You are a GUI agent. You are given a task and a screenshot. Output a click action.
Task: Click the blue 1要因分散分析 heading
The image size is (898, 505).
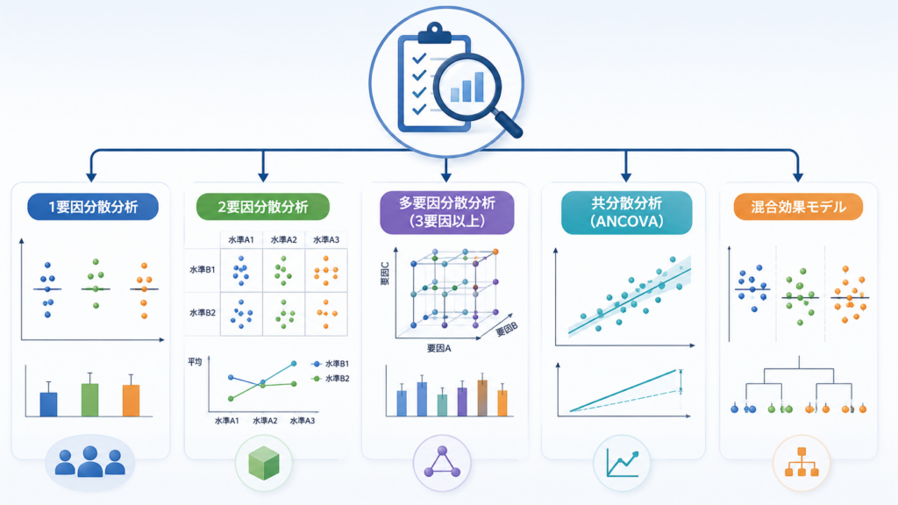point(93,207)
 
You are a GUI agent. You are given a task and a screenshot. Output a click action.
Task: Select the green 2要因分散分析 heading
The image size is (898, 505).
point(263,207)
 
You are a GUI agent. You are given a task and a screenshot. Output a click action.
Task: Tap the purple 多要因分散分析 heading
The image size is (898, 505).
point(446,212)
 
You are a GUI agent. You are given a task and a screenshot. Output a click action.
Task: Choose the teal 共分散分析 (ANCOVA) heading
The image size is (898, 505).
point(626,212)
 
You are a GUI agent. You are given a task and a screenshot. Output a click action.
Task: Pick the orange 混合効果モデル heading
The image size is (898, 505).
point(798,207)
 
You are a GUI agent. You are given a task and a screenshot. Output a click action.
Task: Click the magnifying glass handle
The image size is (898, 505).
point(508,124)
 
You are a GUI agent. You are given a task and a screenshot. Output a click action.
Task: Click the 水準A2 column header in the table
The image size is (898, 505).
point(284,240)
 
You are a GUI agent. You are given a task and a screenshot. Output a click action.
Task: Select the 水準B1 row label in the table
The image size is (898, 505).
point(203,269)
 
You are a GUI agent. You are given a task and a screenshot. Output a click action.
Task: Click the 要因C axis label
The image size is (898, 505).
point(385,274)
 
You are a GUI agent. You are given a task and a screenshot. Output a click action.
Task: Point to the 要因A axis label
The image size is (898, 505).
point(438,348)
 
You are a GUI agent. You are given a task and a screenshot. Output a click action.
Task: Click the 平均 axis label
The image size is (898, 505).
point(195,362)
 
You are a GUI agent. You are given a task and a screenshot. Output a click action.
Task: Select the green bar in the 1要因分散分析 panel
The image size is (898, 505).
point(90,400)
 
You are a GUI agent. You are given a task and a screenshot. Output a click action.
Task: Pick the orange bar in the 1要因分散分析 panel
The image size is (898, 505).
point(132,400)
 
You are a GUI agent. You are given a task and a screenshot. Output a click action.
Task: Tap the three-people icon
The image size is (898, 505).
point(90,461)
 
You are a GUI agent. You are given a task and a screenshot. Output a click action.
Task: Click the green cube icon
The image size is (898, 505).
point(264,463)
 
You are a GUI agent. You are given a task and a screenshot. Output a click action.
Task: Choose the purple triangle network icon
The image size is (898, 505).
point(442,463)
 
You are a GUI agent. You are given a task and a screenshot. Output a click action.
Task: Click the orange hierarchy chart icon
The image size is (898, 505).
point(802,462)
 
